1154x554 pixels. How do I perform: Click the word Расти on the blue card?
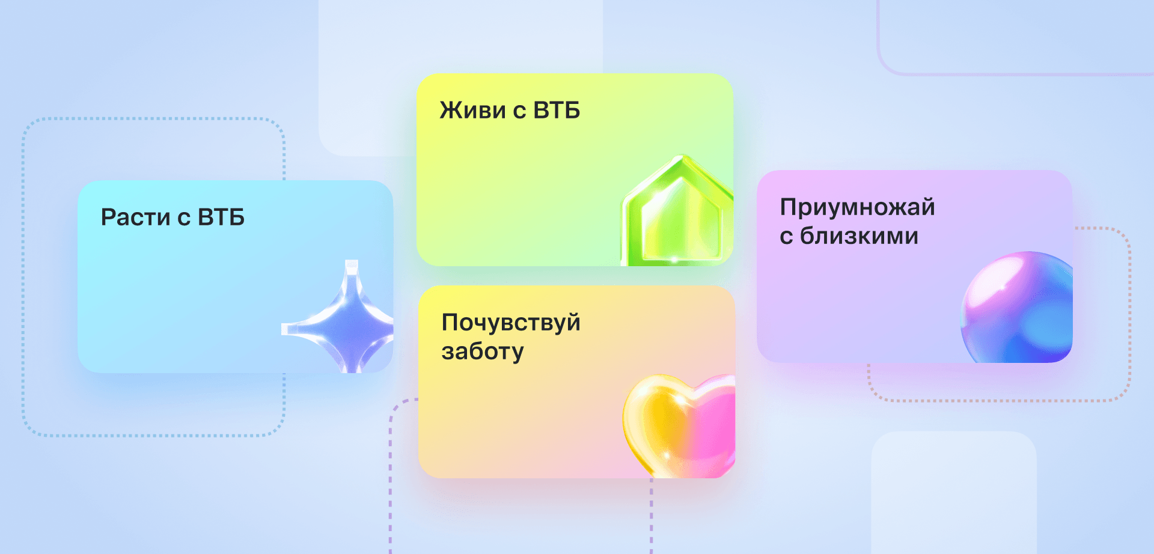pyautogui.click(x=135, y=218)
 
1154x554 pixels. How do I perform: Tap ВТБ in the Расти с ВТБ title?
pyautogui.click(x=221, y=218)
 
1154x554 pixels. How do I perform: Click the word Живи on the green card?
pyautogui.click(x=472, y=111)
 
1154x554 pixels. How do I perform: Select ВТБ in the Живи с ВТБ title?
pyautogui.click(x=557, y=111)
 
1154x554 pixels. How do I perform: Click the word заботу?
pyautogui.click(x=483, y=352)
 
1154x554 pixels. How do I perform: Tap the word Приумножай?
pyautogui.click(x=858, y=207)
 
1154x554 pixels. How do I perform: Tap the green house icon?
pyautogui.click(x=677, y=210)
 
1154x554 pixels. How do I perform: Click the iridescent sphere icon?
pyautogui.click(x=1017, y=307)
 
